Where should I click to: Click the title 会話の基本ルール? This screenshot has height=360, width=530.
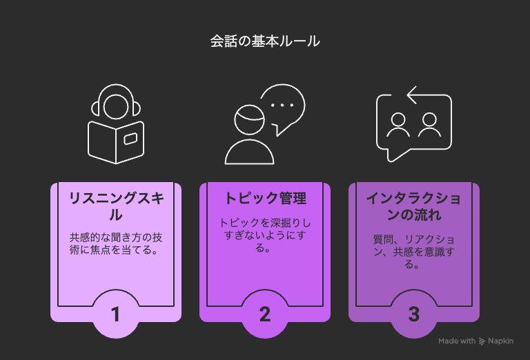click(265, 41)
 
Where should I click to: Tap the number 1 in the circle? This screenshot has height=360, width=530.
click(116, 314)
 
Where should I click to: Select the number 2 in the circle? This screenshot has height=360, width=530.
click(265, 314)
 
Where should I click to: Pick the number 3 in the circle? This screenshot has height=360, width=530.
click(414, 314)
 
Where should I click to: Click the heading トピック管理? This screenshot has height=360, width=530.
click(265, 198)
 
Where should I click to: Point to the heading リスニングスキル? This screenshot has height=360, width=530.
click(116, 206)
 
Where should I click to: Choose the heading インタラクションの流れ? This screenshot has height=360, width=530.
click(414, 206)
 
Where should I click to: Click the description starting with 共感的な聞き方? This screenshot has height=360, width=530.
click(116, 243)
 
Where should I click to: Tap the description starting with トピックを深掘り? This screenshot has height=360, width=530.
click(265, 235)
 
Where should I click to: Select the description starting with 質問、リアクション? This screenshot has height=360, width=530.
click(414, 252)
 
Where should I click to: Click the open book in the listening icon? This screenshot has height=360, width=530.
click(116, 142)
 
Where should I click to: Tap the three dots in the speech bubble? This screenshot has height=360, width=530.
click(282, 105)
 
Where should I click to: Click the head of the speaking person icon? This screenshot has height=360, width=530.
click(249, 120)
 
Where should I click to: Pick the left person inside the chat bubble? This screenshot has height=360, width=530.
click(398, 126)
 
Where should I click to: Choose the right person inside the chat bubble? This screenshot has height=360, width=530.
click(429, 126)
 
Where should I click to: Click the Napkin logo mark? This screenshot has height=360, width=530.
click(482, 341)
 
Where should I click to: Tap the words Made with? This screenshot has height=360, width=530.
click(457, 341)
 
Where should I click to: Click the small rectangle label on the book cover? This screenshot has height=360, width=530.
click(130, 139)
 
